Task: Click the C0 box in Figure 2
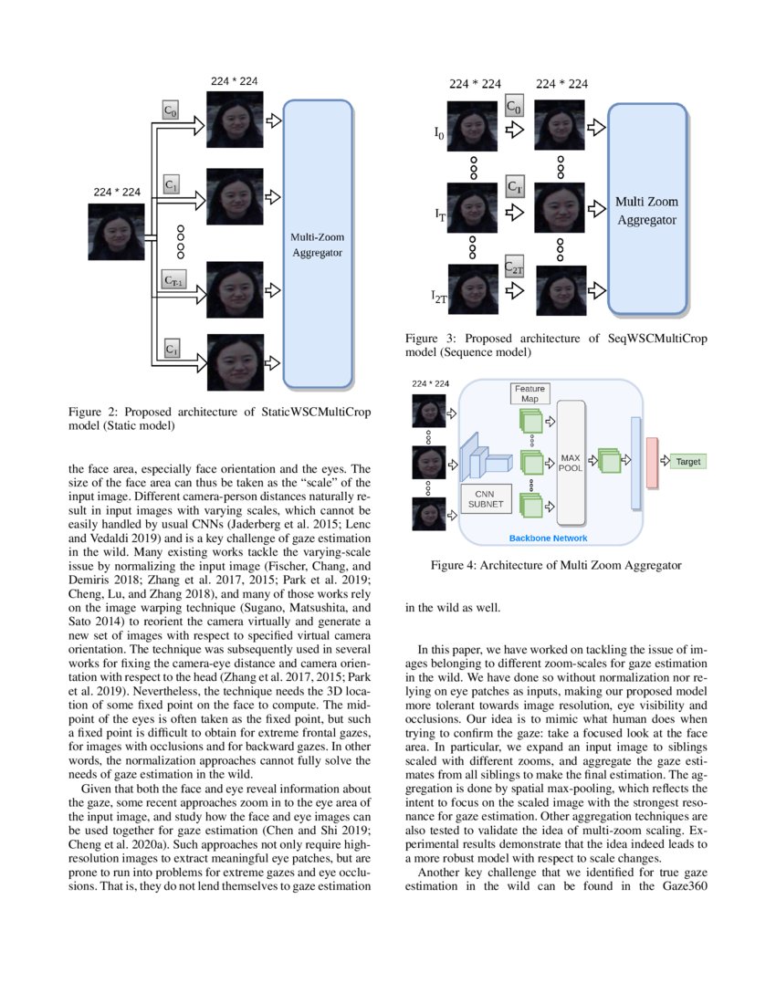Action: (x=171, y=110)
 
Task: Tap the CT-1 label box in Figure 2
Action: (x=173, y=280)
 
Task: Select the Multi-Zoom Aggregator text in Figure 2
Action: (x=318, y=245)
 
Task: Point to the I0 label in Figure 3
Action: (x=439, y=133)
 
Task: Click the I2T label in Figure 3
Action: (x=440, y=296)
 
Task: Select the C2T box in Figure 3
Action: (x=514, y=267)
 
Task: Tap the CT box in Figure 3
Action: (x=515, y=187)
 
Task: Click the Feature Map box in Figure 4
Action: (x=530, y=393)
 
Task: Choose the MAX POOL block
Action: (x=570, y=462)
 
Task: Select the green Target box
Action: (x=687, y=462)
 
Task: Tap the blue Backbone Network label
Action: (x=548, y=539)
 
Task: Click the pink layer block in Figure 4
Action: (x=652, y=462)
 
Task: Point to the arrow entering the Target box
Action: (x=664, y=462)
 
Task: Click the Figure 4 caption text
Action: (x=556, y=566)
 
